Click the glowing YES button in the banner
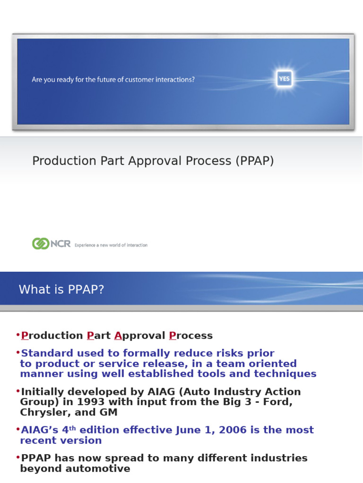(x=284, y=79)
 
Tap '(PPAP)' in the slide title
(x=254, y=161)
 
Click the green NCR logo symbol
(x=40, y=244)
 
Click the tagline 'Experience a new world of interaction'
(x=111, y=245)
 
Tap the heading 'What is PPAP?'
(x=61, y=290)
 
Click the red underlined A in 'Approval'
(x=118, y=336)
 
